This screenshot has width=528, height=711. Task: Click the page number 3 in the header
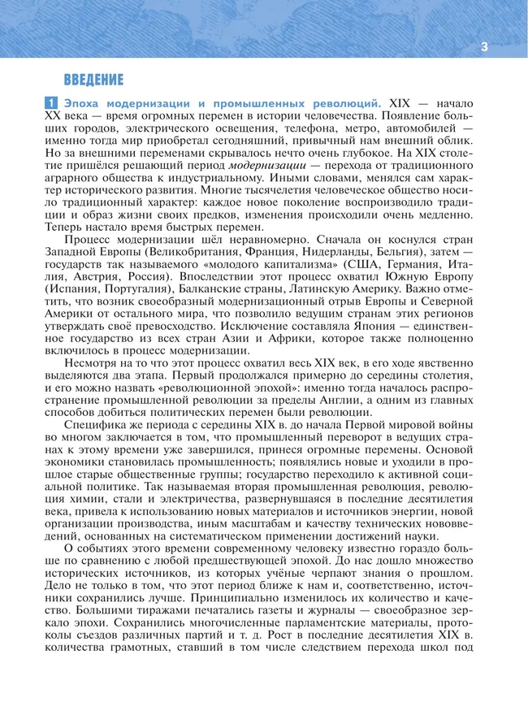484,46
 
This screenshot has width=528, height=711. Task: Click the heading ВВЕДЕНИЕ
93,80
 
